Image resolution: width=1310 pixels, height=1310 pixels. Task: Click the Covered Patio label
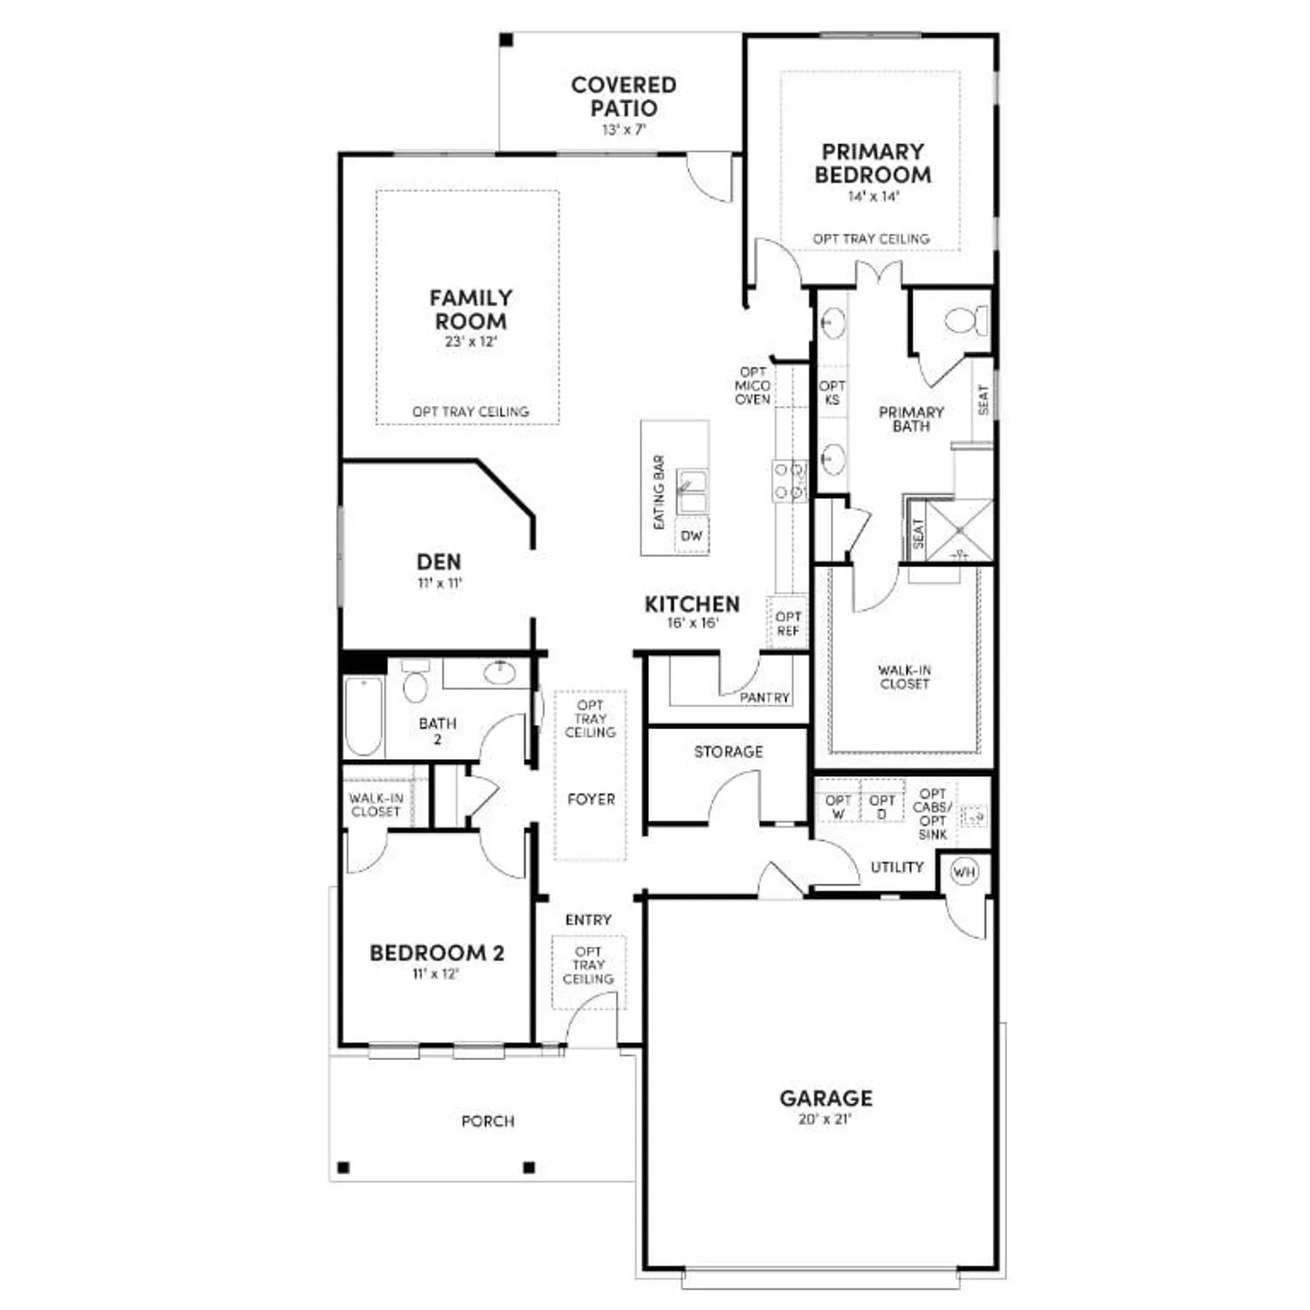[x=623, y=97]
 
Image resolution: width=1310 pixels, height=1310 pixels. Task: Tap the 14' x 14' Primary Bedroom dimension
[x=872, y=196]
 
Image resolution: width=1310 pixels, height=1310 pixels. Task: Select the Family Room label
[x=471, y=309]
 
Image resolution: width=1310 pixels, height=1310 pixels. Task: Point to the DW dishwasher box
[x=691, y=535]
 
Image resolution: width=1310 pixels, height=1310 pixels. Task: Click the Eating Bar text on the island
[x=659, y=492]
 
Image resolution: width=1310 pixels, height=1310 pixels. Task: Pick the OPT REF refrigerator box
[x=788, y=623]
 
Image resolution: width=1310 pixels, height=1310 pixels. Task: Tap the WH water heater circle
[x=963, y=872]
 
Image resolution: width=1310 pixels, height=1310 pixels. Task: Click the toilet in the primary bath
[x=966, y=321]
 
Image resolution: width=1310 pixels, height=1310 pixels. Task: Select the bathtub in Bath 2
[x=363, y=715]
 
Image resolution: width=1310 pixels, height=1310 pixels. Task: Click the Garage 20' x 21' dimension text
[x=824, y=1119]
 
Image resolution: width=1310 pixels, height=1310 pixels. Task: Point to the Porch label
[x=487, y=1120]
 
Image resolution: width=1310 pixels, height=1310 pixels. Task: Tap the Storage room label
[x=728, y=751]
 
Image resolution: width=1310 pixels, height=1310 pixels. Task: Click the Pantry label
[x=764, y=697]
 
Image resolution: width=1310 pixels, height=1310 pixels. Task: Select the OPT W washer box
[x=838, y=806]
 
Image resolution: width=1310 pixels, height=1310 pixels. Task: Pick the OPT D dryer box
[x=881, y=806]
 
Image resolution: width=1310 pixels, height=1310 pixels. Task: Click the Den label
[x=438, y=562]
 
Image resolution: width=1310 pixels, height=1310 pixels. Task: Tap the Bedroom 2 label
[x=437, y=953]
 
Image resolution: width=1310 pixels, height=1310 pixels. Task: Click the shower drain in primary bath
[x=958, y=530]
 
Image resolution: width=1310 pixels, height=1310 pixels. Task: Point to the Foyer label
[x=590, y=798]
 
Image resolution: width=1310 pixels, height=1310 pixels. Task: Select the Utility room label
[x=897, y=866]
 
